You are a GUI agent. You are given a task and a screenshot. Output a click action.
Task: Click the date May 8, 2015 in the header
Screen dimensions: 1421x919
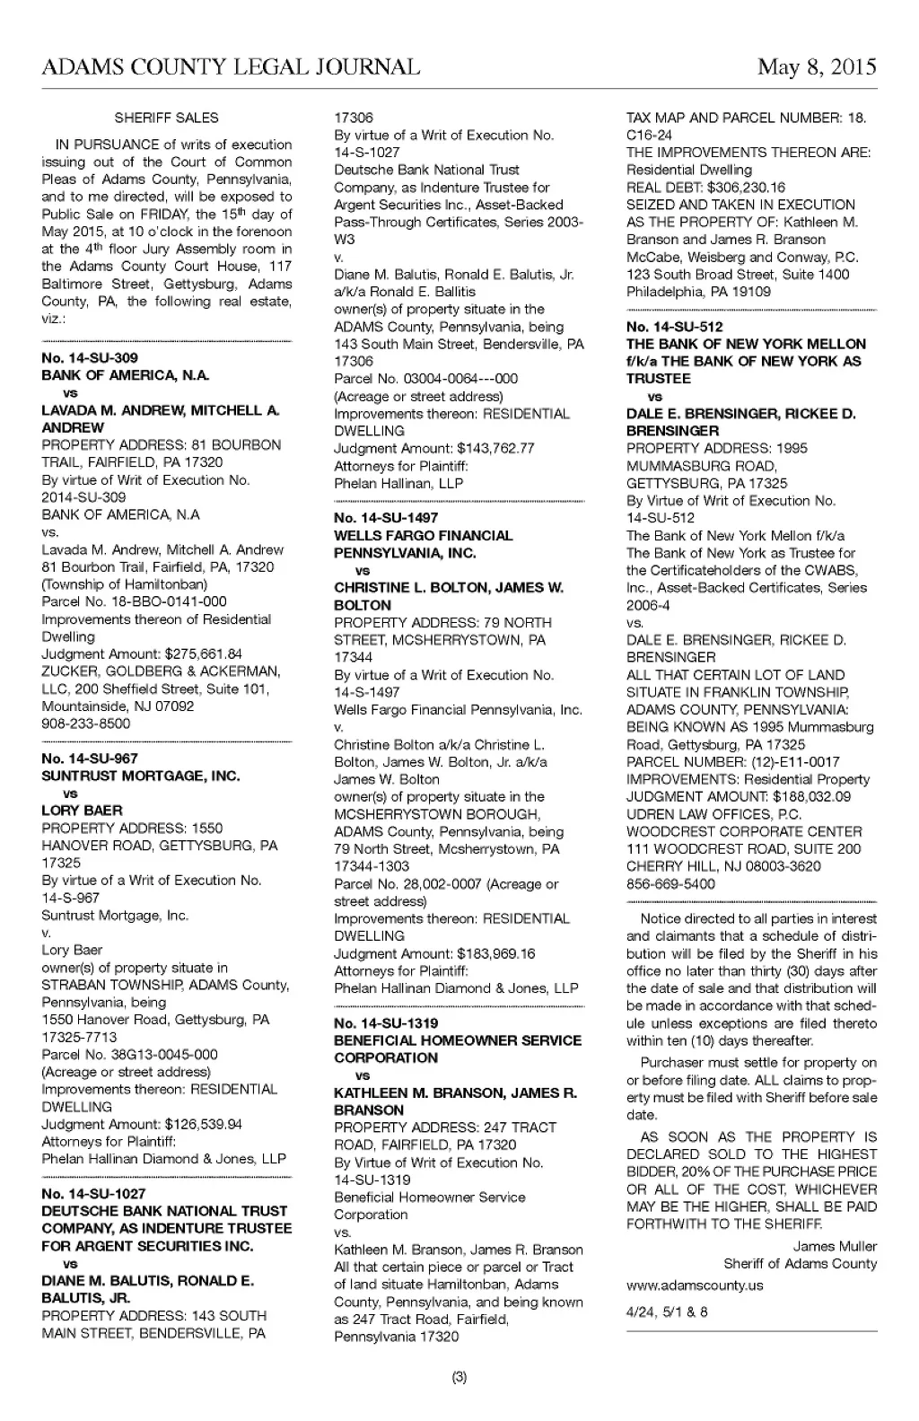[816, 67]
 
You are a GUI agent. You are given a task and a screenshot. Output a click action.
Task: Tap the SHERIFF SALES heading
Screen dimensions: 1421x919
[166, 118]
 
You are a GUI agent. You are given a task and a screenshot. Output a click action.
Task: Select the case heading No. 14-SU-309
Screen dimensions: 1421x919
[90, 357]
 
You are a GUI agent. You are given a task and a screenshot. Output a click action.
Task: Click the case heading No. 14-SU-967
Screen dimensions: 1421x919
[90, 759]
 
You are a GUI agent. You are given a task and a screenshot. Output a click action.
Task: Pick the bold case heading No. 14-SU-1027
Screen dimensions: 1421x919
[93, 1194]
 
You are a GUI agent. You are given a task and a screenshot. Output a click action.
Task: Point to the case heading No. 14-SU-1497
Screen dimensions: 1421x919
[386, 518]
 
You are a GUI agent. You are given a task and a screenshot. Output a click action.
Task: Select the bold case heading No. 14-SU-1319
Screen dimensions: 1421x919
[386, 1023]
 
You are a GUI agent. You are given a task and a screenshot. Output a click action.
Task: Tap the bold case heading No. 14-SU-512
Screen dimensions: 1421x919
[674, 327]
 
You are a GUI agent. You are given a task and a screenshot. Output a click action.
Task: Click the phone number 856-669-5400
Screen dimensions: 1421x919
[670, 884]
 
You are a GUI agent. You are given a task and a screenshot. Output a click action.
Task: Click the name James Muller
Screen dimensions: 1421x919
[835, 1246]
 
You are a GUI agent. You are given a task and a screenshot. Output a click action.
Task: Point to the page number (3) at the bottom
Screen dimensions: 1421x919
[459, 1377]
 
